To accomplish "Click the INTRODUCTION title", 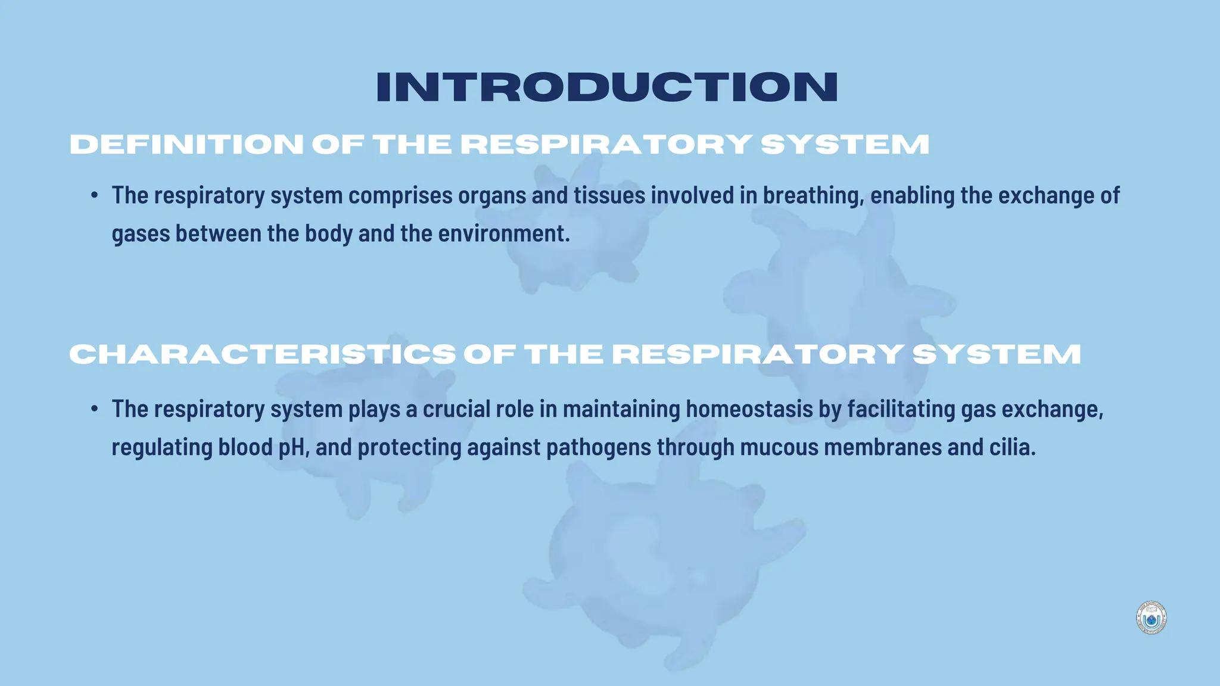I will (607, 88).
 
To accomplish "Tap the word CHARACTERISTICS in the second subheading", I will (263, 354).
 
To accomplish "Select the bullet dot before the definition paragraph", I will (95, 196).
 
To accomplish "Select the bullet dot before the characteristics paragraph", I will (95, 409).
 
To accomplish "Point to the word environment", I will (503, 233).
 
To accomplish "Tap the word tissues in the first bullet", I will (609, 196).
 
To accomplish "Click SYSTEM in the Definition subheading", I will (845, 145).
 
